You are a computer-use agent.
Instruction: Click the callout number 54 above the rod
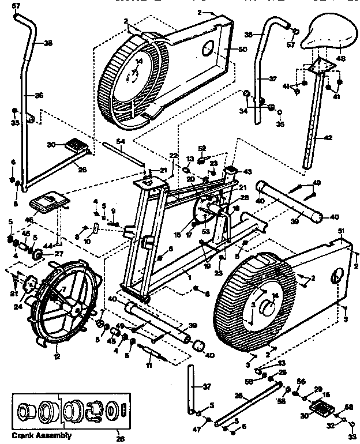(120, 141)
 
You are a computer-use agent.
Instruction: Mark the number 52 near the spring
(202, 148)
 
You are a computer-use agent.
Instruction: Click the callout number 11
(149, 366)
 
